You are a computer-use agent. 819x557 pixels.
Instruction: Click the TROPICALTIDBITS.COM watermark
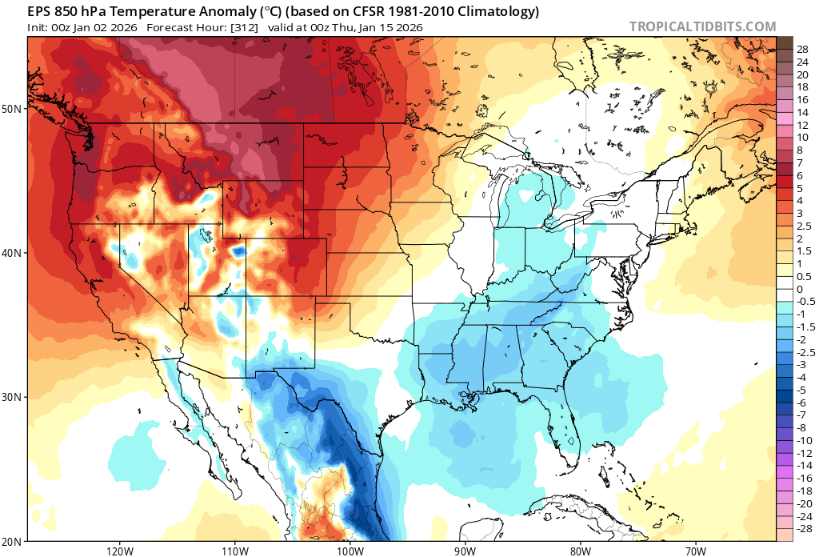coord(702,26)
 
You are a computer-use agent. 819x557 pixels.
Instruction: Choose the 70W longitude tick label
coord(695,551)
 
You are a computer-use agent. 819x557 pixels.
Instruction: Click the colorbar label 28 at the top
coord(802,49)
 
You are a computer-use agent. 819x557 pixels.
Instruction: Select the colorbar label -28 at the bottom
coord(804,529)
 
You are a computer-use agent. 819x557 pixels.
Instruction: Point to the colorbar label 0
coord(799,289)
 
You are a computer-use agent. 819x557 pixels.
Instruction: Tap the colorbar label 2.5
coord(804,226)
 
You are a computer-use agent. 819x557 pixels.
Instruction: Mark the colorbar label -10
coord(804,440)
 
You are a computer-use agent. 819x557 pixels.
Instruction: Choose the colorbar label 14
coord(802,112)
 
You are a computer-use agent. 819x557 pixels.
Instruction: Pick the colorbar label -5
coord(801,390)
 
